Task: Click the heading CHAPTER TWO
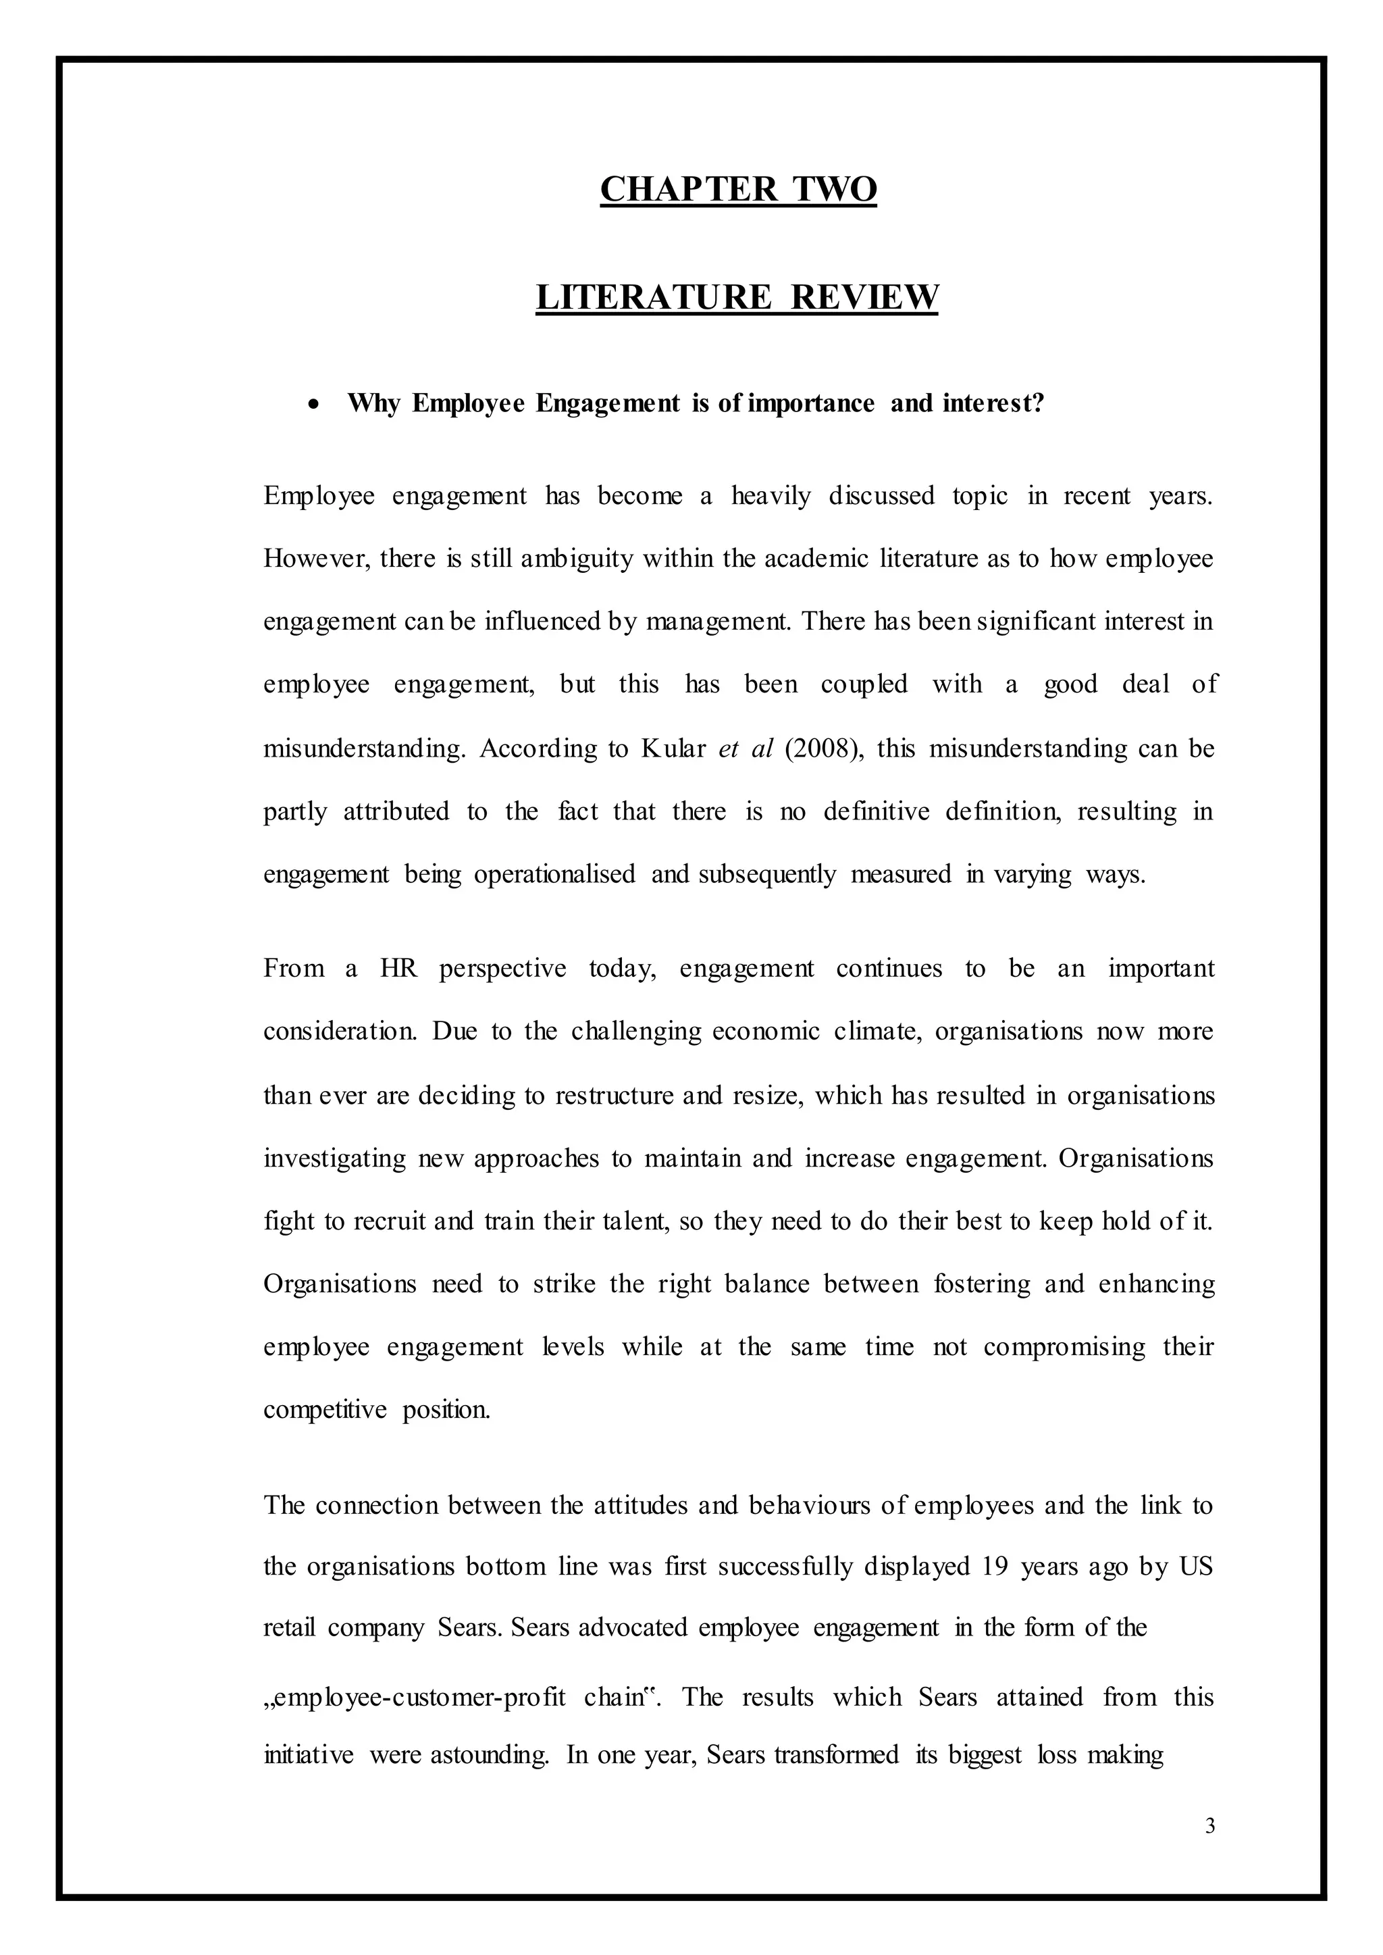point(737,189)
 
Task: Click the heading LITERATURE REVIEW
point(737,297)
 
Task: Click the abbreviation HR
point(398,969)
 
